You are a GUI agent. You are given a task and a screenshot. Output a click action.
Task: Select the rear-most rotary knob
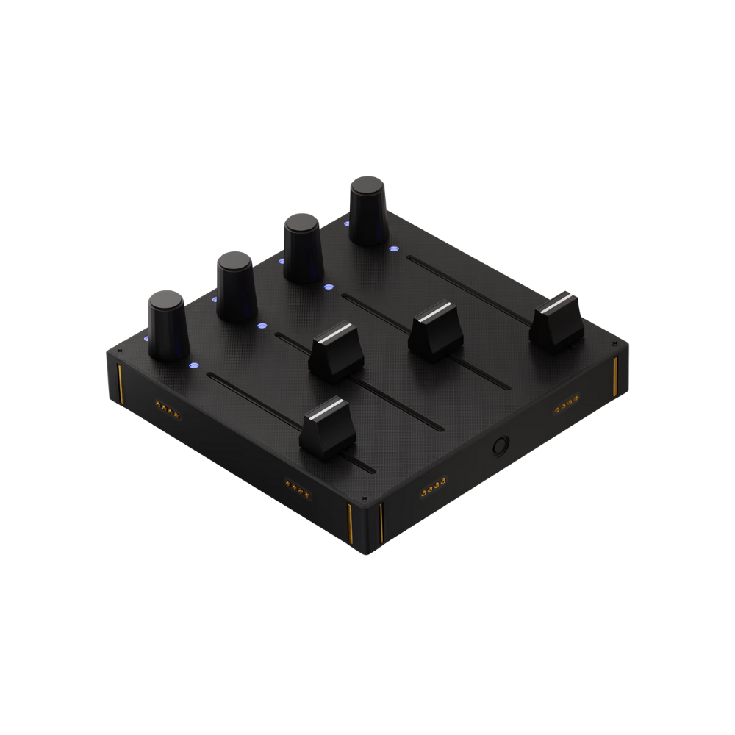[367, 209]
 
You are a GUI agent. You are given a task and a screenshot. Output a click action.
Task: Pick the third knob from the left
[302, 247]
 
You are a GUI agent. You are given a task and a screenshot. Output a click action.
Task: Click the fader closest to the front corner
[328, 428]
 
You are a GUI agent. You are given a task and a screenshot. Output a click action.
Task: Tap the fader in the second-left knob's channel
[337, 351]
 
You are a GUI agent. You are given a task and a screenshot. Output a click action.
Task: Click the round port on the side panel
[501, 446]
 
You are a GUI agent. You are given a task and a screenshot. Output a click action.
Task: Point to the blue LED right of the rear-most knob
[395, 248]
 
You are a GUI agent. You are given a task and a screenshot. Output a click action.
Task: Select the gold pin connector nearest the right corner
[565, 406]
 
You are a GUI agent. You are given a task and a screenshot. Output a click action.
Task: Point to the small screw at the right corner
[613, 343]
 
